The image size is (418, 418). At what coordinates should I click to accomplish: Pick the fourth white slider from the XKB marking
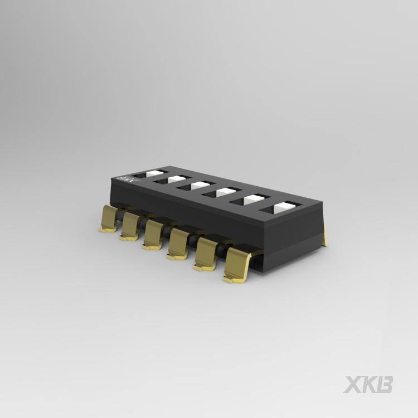point(225,192)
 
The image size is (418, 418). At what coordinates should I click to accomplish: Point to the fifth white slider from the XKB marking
point(253,198)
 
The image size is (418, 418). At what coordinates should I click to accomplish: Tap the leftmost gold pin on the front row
point(109,218)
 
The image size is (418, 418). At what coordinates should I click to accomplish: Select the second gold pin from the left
point(130,226)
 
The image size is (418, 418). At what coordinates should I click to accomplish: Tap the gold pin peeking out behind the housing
point(325,238)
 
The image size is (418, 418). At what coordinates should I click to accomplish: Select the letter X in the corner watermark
point(352,385)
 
